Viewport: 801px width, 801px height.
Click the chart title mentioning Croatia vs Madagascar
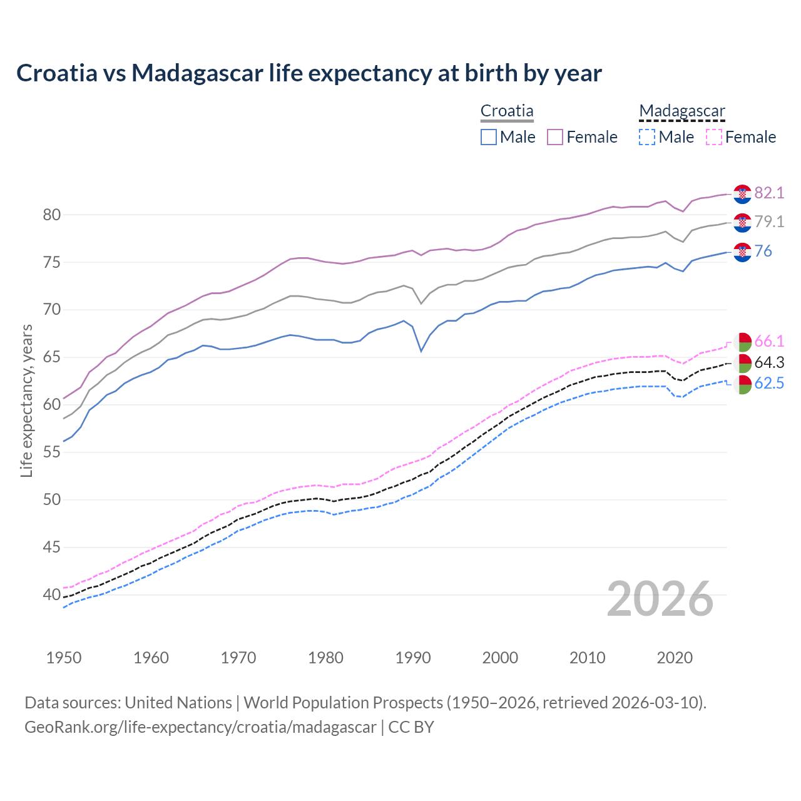[x=309, y=73]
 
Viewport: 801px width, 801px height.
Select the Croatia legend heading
[x=507, y=111]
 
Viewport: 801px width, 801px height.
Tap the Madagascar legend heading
[x=682, y=111]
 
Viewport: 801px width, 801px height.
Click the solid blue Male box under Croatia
[x=489, y=137]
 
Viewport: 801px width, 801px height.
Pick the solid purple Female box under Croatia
[x=555, y=137]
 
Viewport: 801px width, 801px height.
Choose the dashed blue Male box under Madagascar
[x=647, y=137]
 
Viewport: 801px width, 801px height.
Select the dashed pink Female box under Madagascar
[x=713, y=137]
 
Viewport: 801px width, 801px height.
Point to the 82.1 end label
[x=769, y=193]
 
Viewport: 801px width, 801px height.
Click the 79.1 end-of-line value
[x=769, y=222]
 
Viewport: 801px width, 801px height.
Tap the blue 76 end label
[x=763, y=251]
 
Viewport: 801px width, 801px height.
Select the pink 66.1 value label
[x=769, y=342]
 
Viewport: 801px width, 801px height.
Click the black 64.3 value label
[x=769, y=363]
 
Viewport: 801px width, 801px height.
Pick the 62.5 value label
[x=769, y=384]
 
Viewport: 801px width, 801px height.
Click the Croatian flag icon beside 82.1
[x=742, y=194]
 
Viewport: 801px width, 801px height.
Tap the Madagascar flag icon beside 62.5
[x=742, y=385]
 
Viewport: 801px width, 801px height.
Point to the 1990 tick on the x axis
[x=413, y=658]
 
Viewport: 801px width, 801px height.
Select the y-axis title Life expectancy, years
[x=26, y=400]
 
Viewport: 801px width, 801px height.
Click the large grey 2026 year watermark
[x=660, y=599]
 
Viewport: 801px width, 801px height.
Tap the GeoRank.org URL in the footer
[x=200, y=727]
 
